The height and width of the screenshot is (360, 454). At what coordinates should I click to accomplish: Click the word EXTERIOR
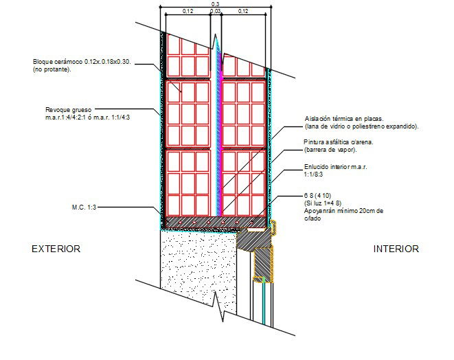pyautogui.click(x=56, y=249)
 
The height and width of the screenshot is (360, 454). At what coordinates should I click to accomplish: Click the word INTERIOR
pyautogui.click(x=396, y=249)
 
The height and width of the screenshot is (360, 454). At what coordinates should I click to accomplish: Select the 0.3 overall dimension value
pyautogui.click(x=215, y=5)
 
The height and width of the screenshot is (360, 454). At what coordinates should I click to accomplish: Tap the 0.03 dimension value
pyautogui.click(x=215, y=12)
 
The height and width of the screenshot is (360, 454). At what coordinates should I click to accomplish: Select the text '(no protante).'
pyautogui.click(x=52, y=70)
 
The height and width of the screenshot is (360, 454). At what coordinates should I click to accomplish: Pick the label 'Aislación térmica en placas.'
pyautogui.click(x=348, y=118)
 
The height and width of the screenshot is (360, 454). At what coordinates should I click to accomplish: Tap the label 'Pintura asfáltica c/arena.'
pyautogui.click(x=343, y=142)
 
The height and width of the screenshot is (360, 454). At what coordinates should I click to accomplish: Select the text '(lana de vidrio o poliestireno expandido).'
pyautogui.click(x=361, y=126)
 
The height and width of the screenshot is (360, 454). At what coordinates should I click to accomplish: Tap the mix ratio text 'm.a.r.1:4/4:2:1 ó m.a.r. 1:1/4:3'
pyautogui.click(x=87, y=117)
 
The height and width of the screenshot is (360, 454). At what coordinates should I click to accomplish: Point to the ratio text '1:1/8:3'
pyautogui.click(x=317, y=175)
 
